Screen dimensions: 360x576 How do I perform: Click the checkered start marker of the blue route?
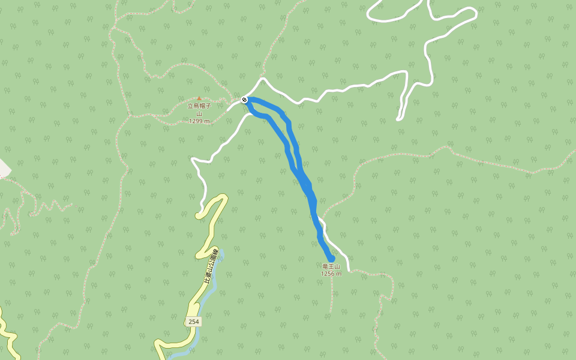pyautogui.click(x=245, y=100)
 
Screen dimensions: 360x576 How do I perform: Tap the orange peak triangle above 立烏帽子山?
pyautogui.click(x=199, y=98)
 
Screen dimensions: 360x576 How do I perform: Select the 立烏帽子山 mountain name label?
pyautogui.click(x=199, y=109)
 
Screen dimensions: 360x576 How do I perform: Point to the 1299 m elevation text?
pyautogui.click(x=199, y=121)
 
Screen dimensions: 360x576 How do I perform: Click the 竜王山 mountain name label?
pyautogui.click(x=331, y=266)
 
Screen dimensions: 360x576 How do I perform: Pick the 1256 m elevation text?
pyautogui.click(x=331, y=274)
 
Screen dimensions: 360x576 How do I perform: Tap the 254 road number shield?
pyautogui.click(x=193, y=322)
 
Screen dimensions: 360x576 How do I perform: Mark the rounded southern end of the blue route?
pyautogui.click(x=331, y=258)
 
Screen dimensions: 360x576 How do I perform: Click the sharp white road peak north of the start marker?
pyautogui.click(x=262, y=79)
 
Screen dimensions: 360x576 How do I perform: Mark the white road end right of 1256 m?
pyautogui.click(x=347, y=269)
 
